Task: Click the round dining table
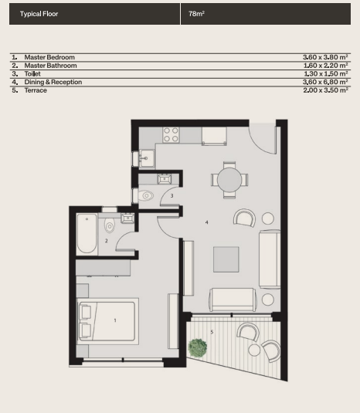click(229, 180)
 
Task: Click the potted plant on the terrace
click(198, 348)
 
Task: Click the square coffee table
click(227, 259)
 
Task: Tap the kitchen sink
click(148, 159)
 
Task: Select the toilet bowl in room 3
click(147, 196)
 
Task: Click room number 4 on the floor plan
click(206, 222)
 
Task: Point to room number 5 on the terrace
click(212, 332)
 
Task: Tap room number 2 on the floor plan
click(107, 241)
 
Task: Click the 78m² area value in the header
click(196, 14)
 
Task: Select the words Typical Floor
click(39, 14)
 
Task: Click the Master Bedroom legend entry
click(49, 57)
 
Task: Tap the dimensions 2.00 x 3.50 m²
click(326, 90)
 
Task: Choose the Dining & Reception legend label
click(53, 82)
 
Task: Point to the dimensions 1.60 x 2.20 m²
click(326, 66)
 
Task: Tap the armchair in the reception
click(244, 218)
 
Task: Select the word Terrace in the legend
click(36, 90)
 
